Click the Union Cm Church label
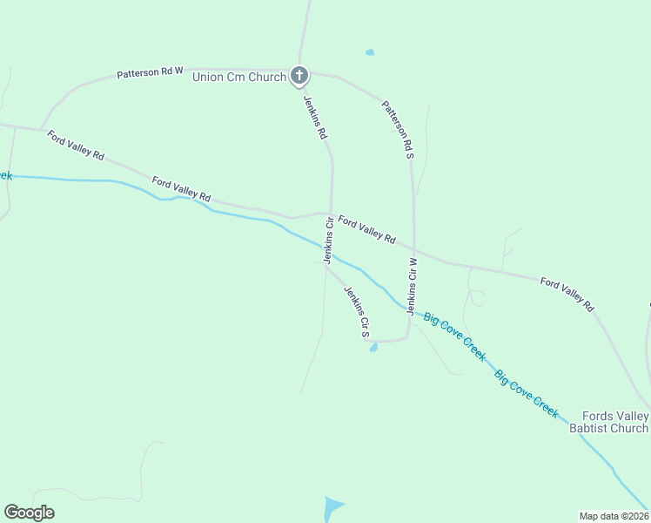pyautogui.click(x=239, y=78)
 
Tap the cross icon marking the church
pyautogui.click(x=299, y=77)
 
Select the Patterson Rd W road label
pyautogui.click(x=150, y=74)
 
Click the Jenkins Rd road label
pyautogui.click(x=315, y=118)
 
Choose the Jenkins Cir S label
pyautogui.click(x=358, y=311)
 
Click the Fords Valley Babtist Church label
pyautogui.click(x=608, y=422)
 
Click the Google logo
pyautogui.click(x=29, y=513)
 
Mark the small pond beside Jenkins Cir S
pyautogui.click(x=373, y=348)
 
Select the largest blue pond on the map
pyautogui.click(x=332, y=507)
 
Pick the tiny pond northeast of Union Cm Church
pyautogui.click(x=370, y=52)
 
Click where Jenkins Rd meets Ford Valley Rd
pyautogui.click(x=331, y=213)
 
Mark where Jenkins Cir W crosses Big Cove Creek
pyautogui.click(x=410, y=309)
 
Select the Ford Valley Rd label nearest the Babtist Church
pyautogui.click(x=567, y=294)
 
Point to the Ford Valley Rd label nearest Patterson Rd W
pyautogui.click(x=77, y=145)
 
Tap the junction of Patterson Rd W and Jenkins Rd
pyautogui.click(x=301, y=71)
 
